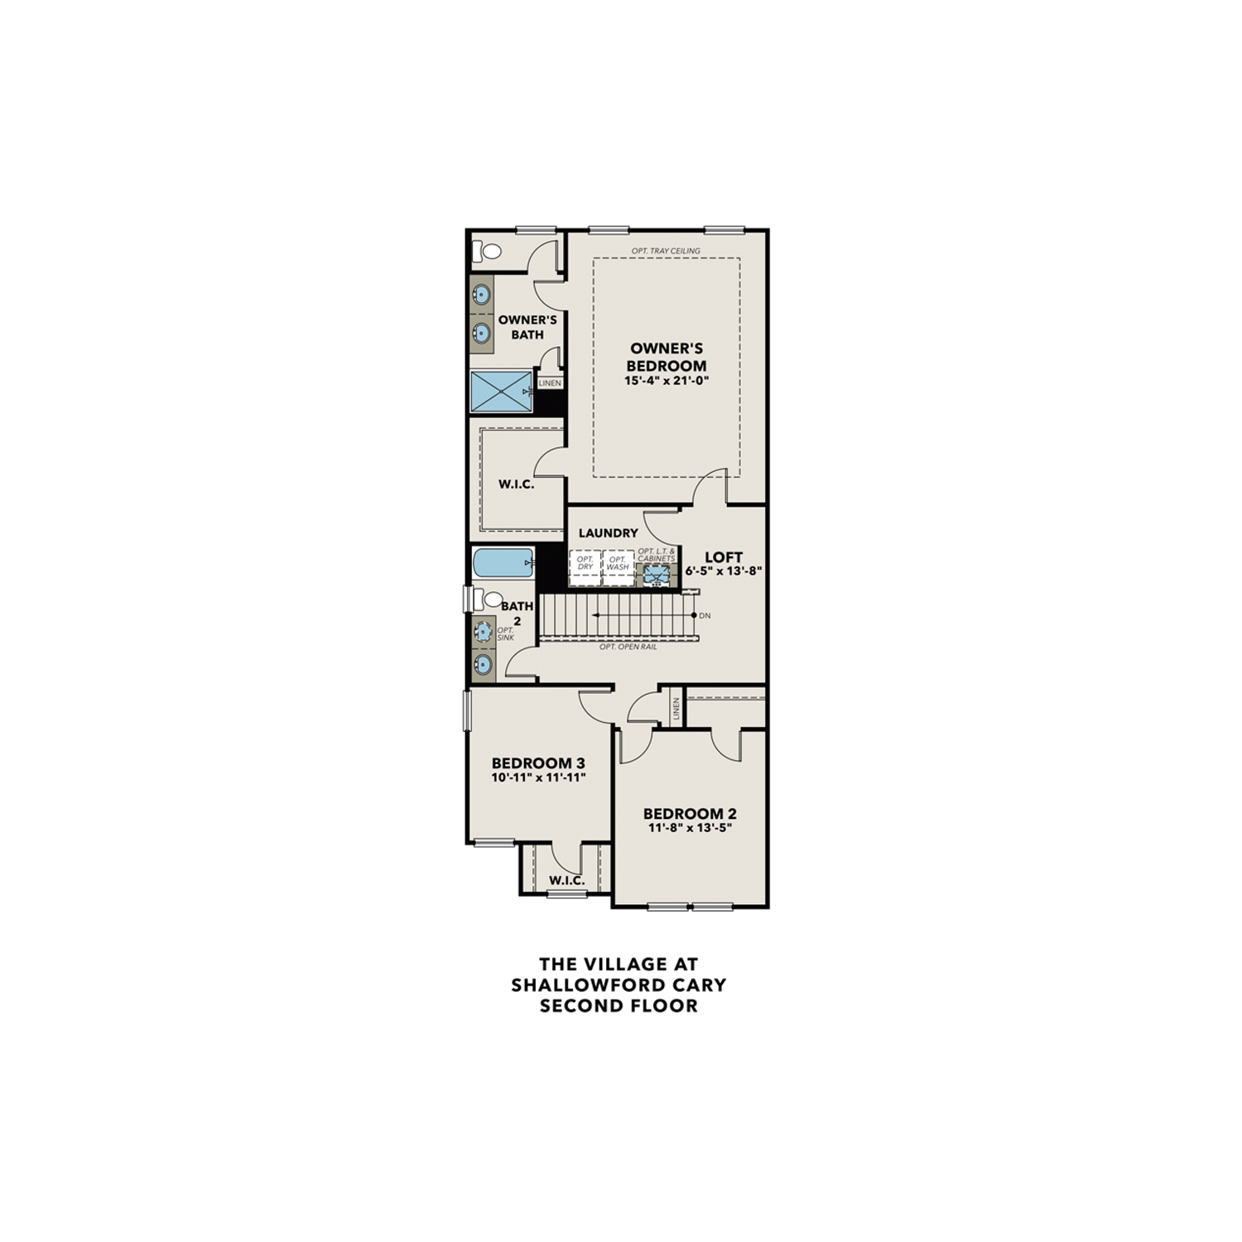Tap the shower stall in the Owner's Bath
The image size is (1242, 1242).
(x=501, y=392)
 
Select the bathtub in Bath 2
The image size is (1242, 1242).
(x=502, y=564)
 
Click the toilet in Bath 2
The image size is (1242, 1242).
(x=491, y=599)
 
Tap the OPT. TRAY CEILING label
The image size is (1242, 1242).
(x=666, y=251)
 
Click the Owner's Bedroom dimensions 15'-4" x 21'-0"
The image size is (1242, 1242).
(x=667, y=381)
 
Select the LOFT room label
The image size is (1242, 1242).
(x=723, y=557)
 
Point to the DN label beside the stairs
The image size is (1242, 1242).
(x=705, y=616)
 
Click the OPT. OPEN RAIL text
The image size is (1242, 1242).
(x=628, y=647)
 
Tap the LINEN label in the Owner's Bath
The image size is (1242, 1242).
(x=550, y=383)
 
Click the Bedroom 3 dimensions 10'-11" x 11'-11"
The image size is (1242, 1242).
(x=538, y=777)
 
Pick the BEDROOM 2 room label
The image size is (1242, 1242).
(x=690, y=813)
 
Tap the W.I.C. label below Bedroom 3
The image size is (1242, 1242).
(x=566, y=880)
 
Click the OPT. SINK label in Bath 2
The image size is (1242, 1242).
(x=505, y=633)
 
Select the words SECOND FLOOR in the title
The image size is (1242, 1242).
(x=618, y=1006)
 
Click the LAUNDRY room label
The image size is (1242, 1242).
(x=609, y=533)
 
